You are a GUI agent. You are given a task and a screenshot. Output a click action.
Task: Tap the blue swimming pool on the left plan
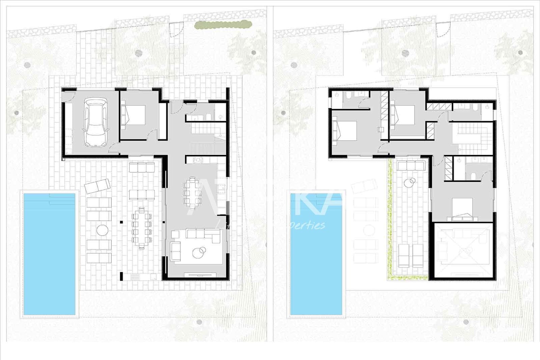pyautogui.click(x=50, y=253)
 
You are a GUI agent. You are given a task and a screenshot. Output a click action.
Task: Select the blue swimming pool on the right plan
pyautogui.click(x=317, y=253)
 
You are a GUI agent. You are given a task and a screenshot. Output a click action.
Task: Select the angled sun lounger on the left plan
pyautogui.click(x=97, y=186)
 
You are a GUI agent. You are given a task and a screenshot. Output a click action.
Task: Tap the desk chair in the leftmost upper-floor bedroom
pyautogui.click(x=381, y=129)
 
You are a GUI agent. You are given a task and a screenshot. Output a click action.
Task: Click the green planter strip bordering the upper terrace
pyautogui.click(x=391, y=220)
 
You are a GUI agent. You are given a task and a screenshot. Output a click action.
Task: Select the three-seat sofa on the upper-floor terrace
pyautogui.click(x=411, y=165)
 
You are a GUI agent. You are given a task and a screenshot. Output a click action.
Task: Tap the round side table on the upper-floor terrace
pyautogui.click(x=410, y=183)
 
